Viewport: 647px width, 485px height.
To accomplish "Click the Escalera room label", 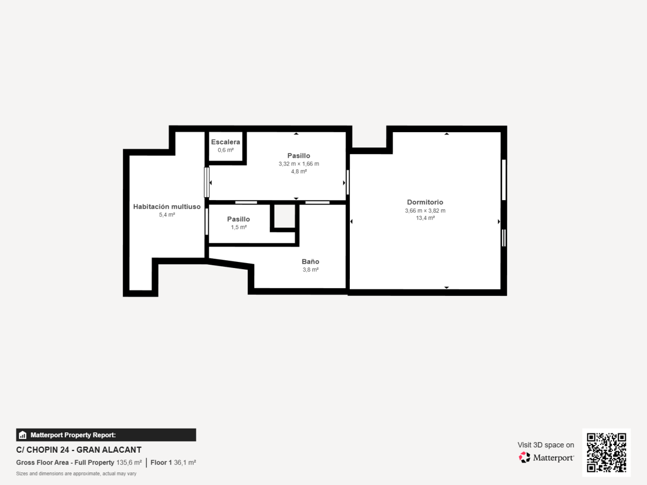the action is [x=225, y=142].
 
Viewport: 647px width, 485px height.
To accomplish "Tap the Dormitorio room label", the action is [x=425, y=202].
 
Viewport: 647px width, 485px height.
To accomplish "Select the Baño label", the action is [x=310, y=261].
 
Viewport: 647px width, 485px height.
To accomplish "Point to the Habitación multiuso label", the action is [x=167, y=207].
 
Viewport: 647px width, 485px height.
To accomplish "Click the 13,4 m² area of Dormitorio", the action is [x=425, y=218].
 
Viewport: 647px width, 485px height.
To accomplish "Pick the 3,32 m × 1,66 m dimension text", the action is [x=299, y=164].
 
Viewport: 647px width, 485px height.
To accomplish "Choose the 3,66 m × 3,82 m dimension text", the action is [x=425, y=211].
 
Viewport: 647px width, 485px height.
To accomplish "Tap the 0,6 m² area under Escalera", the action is [x=226, y=150].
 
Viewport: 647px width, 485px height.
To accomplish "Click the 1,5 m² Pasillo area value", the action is [x=239, y=227].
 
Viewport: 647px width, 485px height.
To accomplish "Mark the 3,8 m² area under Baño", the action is [x=310, y=270].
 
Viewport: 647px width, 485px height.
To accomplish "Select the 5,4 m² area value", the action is [x=167, y=215].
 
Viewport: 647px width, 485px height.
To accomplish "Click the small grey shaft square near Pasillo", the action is [x=285, y=216].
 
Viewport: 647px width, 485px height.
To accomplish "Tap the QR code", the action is [x=606, y=453].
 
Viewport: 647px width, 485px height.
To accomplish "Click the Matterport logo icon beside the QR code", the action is [x=524, y=458].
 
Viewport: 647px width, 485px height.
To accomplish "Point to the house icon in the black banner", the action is [x=22, y=435].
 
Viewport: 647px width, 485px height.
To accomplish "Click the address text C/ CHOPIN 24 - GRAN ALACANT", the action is [x=79, y=450].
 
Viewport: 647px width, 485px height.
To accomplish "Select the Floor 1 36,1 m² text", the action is [x=173, y=463].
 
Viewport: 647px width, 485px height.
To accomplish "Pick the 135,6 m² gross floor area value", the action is [x=129, y=463].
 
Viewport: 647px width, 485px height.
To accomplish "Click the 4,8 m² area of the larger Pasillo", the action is [x=299, y=172].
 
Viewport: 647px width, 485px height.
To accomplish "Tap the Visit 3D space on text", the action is [x=546, y=445].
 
